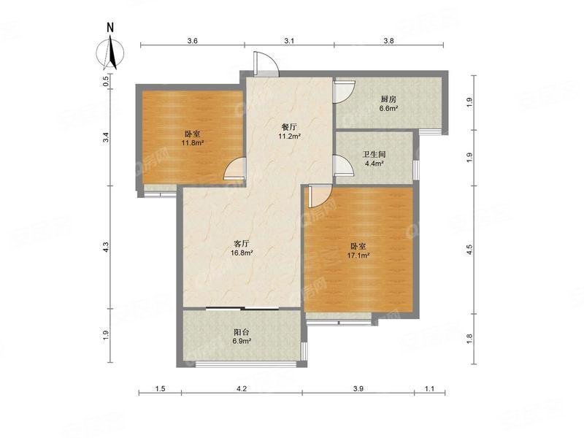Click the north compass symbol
pyautogui.click(x=110, y=50)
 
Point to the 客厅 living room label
pyautogui.click(x=242, y=243)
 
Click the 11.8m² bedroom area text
pyautogui.click(x=193, y=143)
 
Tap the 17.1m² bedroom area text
pyautogui.click(x=358, y=255)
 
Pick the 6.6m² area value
pyautogui.click(x=388, y=109)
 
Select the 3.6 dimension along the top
pyautogui.click(x=192, y=42)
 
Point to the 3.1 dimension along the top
pyautogui.click(x=288, y=42)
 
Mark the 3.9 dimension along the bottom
pyautogui.click(x=358, y=391)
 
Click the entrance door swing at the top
pyautogui.click(x=264, y=64)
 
